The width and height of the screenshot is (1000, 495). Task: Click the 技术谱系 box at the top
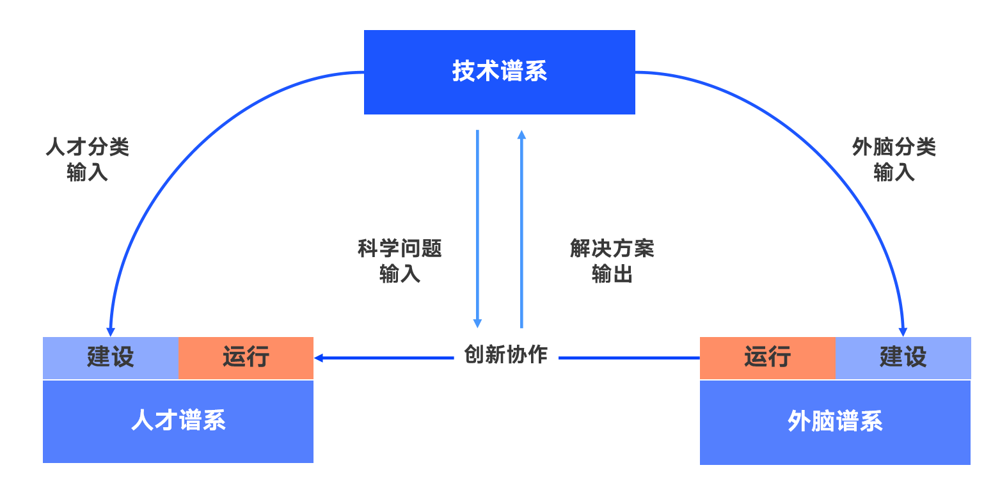499,72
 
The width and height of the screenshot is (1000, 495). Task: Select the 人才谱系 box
178,421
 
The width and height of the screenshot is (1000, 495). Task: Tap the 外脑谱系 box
835,422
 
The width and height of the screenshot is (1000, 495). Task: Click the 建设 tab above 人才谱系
111,357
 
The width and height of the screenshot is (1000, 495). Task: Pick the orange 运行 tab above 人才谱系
246,357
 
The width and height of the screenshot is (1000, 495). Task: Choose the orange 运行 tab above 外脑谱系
767,357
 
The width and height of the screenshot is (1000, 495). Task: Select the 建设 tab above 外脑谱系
903,357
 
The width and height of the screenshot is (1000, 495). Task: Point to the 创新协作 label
505,354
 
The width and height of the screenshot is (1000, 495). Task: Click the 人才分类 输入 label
88,160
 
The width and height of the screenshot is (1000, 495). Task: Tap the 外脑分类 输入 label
894,160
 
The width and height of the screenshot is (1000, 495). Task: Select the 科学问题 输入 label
400,261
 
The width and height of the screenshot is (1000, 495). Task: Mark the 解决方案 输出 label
612,261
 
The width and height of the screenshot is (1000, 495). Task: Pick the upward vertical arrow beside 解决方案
521,230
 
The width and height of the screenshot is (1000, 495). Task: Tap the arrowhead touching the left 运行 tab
318,357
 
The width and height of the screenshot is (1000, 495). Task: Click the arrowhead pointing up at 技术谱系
521,135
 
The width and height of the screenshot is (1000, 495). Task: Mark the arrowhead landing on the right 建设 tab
903,332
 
